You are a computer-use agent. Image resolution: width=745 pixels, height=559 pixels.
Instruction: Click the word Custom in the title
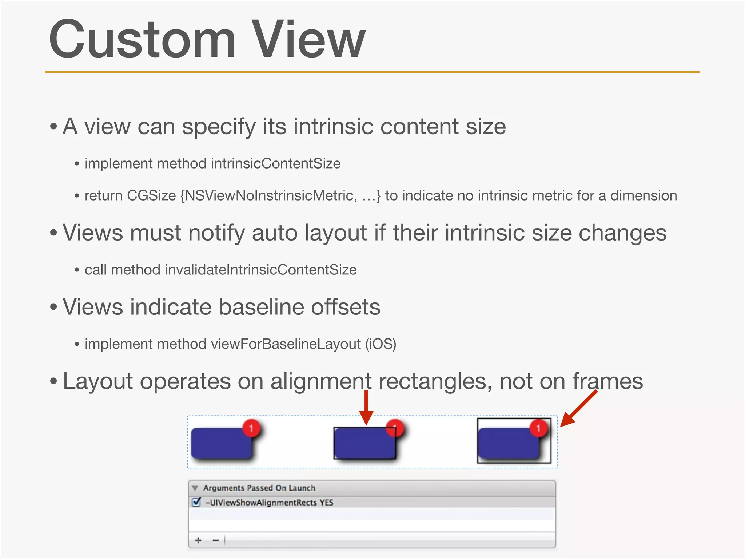pyautogui.click(x=142, y=39)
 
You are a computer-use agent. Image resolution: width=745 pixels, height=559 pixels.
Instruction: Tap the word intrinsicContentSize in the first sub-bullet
pyautogui.click(x=275, y=163)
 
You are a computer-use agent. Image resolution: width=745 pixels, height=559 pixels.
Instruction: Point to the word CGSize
pyautogui.click(x=151, y=196)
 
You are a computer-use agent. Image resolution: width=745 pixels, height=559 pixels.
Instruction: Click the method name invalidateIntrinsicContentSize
pyautogui.click(x=260, y=270)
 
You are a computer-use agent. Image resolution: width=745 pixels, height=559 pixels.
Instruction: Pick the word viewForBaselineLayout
pyautogui.click(x=286, y=344)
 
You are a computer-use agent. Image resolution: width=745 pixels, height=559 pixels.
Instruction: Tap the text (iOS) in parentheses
pyautogui.click(x=381, y=344)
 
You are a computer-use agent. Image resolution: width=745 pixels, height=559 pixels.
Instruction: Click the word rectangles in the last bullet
pyautogui.click(x=433, y=381)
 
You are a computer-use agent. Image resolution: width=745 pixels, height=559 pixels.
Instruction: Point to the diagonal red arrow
pyautogui.click(x=578, y=408)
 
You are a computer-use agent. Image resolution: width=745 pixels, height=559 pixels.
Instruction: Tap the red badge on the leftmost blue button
pyautogui.click(x=251, y=428)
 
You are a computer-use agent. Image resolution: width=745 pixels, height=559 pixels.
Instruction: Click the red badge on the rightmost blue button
pyautogui.click(x=538, y=428)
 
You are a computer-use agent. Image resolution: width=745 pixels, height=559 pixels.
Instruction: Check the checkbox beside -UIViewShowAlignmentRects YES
pyautogui.click(x=196, y=503)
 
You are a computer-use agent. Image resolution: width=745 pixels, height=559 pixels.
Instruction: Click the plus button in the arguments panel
pyautogui.click(x=198, y=540)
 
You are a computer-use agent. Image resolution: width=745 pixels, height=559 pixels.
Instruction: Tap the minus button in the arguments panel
pyautogui.click(x=216, y=540)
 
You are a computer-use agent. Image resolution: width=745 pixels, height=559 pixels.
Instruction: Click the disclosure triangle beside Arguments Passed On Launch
pyautogui.click(x=195, y=488)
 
